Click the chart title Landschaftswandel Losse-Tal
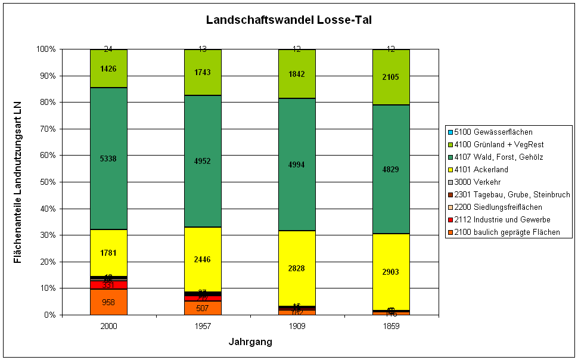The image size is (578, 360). [289, 20]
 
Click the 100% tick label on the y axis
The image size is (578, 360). [45, 49]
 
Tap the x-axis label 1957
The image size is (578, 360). [203, 327]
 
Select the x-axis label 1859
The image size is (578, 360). [391, 327]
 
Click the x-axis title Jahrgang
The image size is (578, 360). [250, 342]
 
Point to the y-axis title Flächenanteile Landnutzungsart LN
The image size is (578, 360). [18, 182]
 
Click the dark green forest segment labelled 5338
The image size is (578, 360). [108, 159]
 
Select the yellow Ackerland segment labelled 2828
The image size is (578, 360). [297, 268]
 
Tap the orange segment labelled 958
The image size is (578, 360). [108, 302]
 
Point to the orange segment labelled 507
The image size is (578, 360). [203, 308]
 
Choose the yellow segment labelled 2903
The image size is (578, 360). [391, 272]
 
